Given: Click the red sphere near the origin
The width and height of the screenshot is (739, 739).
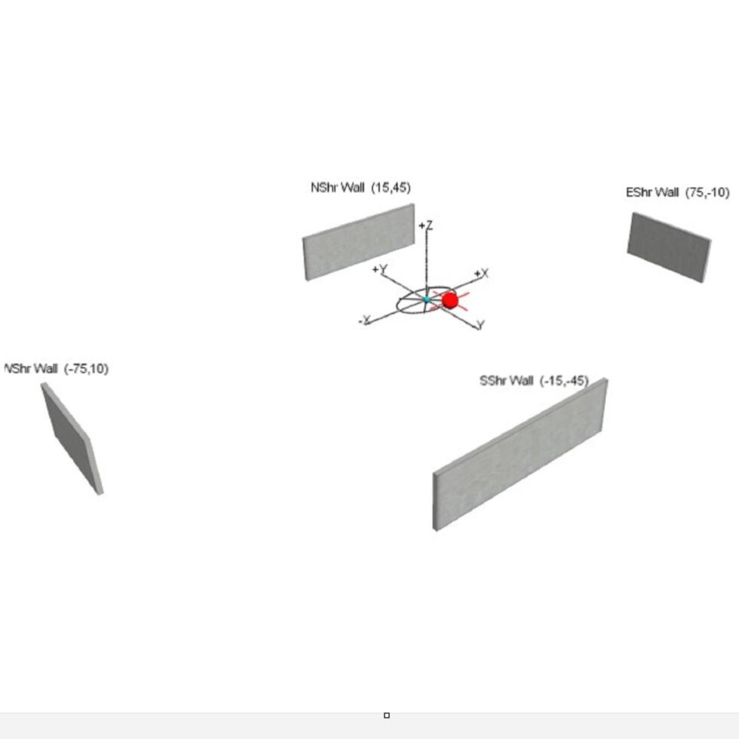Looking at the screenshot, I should [450, 300].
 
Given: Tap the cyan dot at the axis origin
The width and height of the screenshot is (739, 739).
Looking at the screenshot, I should [427, 300].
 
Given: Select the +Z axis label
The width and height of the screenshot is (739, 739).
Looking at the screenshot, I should [426, 225].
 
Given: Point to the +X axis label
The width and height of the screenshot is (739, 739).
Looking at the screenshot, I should [481, 273].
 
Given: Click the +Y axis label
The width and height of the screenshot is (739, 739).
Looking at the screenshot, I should [379, 268].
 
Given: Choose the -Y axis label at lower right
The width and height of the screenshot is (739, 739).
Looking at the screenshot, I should [480, 325].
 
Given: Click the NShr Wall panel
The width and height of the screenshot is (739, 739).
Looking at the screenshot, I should [359, 242].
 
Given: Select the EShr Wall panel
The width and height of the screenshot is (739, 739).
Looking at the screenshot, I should [668, 247].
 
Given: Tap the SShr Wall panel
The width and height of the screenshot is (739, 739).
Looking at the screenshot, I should [520, 452].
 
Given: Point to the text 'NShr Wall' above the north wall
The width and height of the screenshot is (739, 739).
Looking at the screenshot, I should [337, 188].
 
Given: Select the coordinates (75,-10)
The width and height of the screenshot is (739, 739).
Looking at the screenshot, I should [707, 192].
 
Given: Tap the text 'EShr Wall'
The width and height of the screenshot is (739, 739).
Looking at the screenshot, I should [652, 192].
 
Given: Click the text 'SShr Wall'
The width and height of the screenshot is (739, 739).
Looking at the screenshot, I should [506, 381].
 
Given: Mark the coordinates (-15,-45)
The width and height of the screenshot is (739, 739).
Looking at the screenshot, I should [564, 381].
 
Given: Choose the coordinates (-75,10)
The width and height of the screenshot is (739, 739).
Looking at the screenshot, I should [86, 369].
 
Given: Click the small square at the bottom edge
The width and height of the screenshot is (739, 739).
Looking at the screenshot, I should [387, 715].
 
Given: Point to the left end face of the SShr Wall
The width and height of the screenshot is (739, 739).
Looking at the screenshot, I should [436, 501].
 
